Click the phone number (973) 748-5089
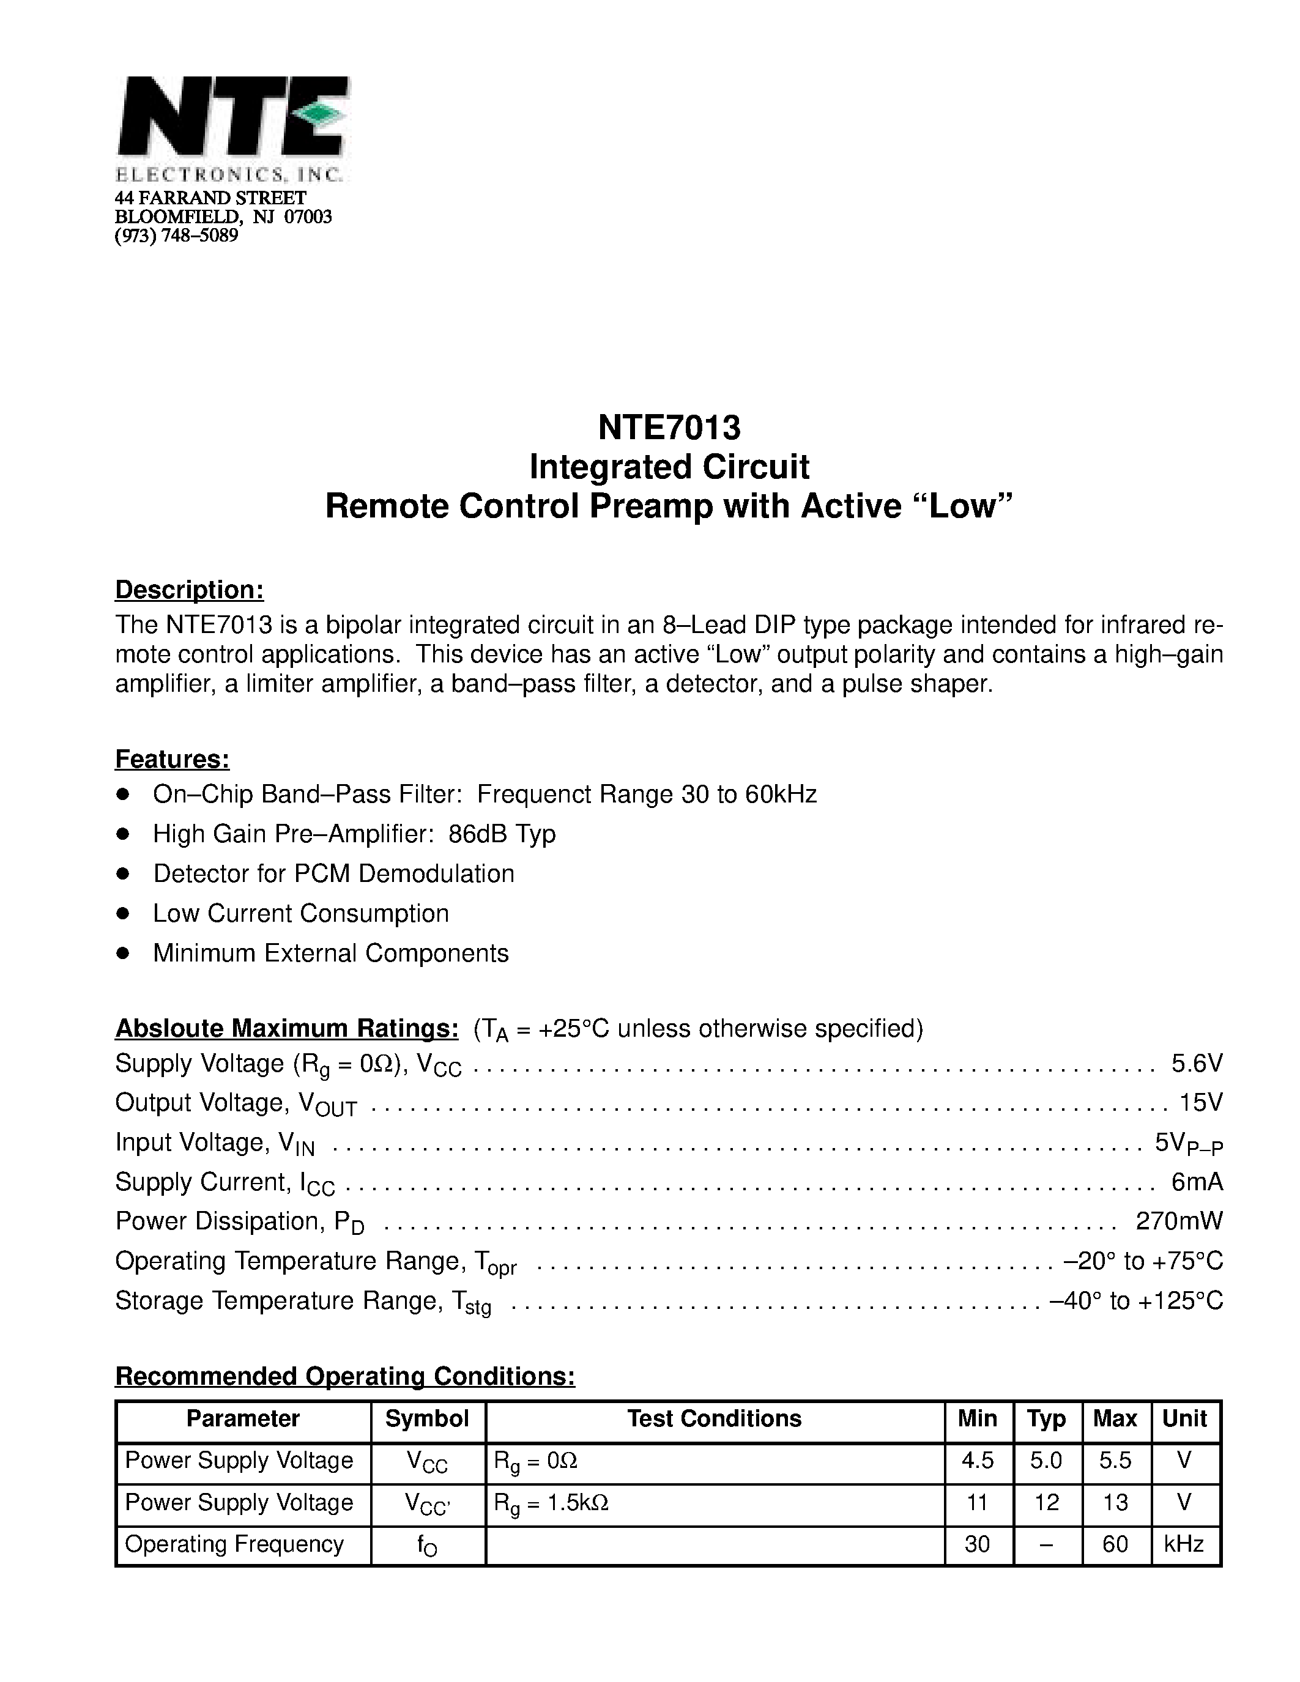click(176, 235)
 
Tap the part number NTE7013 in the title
click(669, 428)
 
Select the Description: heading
click(190, 590)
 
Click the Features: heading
click(172, 760)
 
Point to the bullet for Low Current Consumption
click(122, 913)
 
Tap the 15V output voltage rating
click(1201, 1103)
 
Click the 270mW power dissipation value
click(1178, 1221)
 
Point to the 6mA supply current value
click(1197, 1182)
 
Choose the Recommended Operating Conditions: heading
click(345, 1376)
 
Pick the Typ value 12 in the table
click(1046, 1503)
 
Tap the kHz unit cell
click(1184, 1544)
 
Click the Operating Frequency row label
click(234, 1544)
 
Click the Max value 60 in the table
click(1115, 1544)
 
